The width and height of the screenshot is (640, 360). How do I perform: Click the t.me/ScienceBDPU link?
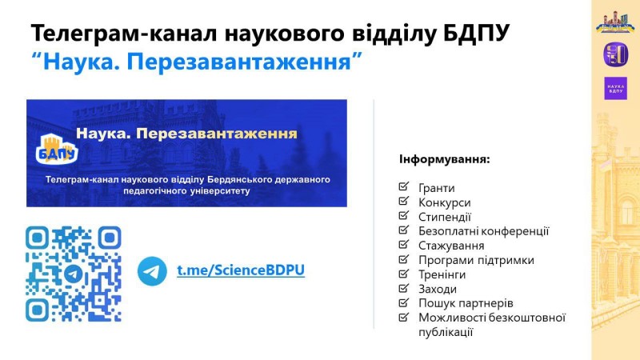241,270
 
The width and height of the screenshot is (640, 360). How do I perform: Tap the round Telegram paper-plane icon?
152,271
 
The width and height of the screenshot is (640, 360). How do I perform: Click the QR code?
74,274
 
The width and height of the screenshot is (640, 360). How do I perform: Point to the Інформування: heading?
445,158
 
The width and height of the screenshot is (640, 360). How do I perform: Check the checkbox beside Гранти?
403,186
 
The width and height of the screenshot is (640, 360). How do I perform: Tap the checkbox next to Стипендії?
403,215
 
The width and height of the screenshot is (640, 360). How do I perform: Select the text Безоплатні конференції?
484,231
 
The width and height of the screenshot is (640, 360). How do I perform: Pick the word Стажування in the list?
451,246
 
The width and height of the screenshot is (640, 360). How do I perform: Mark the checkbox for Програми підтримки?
403,259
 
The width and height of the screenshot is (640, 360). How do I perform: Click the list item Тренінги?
442,274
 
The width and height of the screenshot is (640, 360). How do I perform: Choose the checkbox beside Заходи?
403,288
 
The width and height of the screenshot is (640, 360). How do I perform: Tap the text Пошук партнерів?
466,303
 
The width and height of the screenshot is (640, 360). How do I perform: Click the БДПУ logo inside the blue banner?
57,150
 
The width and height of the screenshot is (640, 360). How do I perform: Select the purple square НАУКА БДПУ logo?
615,89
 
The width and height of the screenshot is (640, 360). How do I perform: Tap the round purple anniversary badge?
615,54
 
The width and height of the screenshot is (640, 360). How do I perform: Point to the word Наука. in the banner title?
104,134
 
